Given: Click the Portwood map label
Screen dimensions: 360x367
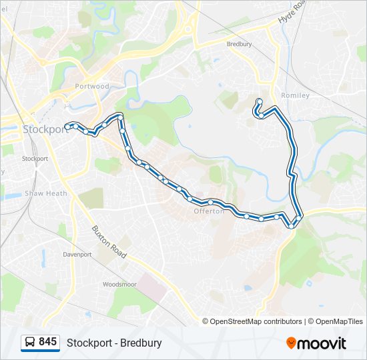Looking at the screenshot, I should pyautogui.click(x=93, y=87).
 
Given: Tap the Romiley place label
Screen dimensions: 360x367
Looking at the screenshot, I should pyautogui.click(x=296, y=95).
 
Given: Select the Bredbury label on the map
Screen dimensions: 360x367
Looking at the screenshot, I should pyautogui.click(x=239, y=44).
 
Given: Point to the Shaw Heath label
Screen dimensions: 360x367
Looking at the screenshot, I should pyautogui.click(x=46, y=193).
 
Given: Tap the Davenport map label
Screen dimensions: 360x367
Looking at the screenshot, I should pyautogui.click(x=77, y=255).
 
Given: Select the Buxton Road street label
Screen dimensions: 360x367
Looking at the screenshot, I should pyautogui.click(x=109, y=242).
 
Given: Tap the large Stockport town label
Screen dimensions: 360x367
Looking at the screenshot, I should pyautogui.click(x=46, y=129).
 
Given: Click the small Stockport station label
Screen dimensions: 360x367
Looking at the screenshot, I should pyautogui.click(x=35, y=159).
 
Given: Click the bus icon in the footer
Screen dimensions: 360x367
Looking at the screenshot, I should pyautogui.click(x=30, y=343).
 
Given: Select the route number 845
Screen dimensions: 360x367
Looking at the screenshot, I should pyautogui.click(x=48, y=342).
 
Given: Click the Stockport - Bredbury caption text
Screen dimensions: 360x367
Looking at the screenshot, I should pyautogui.click(x=114, y=343).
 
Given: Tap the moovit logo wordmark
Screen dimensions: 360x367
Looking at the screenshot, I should pyautogui.click(x=322, y=343).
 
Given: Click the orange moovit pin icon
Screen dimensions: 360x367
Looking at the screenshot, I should pyautogui.click(x=291, y=343).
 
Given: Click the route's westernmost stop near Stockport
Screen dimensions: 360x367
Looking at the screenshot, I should pyautogui.click(x=68, y=125).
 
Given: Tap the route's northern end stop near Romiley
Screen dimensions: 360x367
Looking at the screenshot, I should pyautogui.click(x=259, y=101).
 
